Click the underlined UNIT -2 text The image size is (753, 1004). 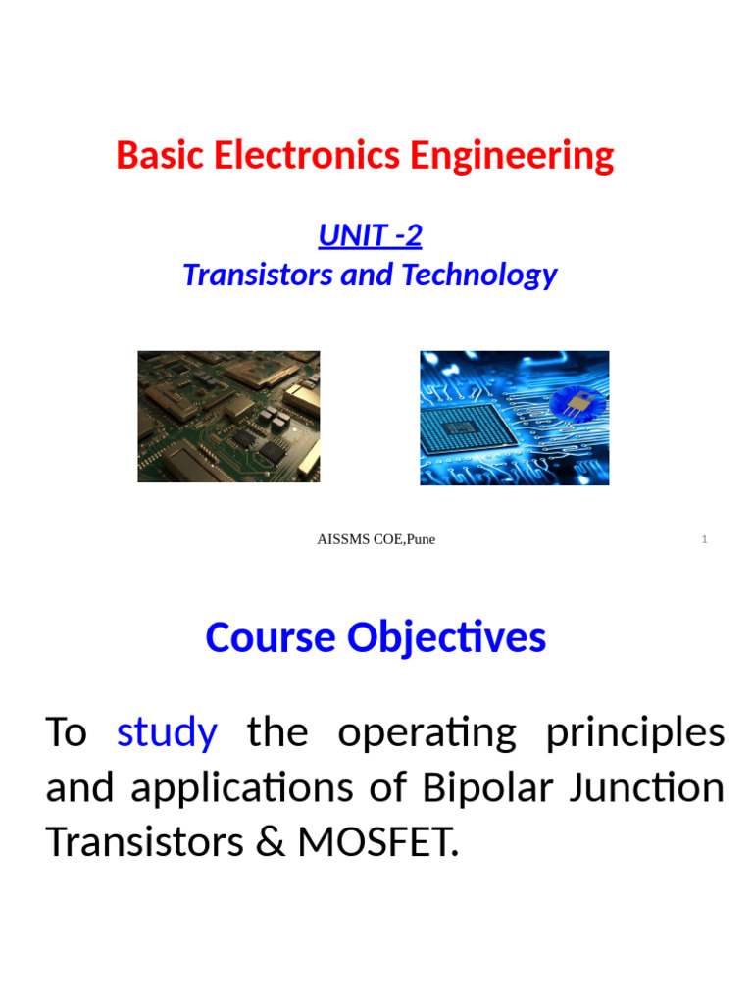[x=370, y=235]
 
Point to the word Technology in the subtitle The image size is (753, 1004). [x=479, y=275]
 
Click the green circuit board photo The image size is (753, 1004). [x=228, y=417]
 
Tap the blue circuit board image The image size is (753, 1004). [x=514, y=418]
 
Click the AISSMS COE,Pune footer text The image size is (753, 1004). [x=376, y=539]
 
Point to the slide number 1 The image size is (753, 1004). [x=705, y=540]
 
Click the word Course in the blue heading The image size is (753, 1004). [x=271, y=638]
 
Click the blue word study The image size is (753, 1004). [x=167, y=732]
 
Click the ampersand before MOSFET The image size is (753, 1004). [x=264, y=842]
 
